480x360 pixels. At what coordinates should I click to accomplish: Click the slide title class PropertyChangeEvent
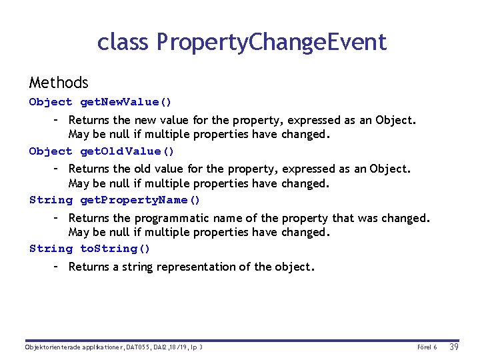point(241,42)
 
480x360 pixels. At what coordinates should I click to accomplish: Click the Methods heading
point(59,83)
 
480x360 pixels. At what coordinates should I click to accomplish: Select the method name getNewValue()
point(126,102)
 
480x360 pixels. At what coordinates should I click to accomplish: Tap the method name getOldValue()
point(127,151)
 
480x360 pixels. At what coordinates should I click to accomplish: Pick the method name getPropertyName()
point(140,200)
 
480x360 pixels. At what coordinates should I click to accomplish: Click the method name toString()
point(115,249)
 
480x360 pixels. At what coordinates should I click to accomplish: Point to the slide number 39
point(455,347)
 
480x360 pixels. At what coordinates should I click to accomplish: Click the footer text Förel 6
point(427,347)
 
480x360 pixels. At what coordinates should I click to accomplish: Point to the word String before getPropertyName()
point(51,200)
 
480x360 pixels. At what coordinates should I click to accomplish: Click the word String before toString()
point(51,249)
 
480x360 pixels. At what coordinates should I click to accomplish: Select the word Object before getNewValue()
point(51,102)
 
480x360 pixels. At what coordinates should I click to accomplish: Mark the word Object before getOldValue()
point(51,151)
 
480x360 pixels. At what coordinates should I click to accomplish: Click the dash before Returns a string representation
point(57,267)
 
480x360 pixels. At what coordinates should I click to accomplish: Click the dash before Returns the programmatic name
point(57,218)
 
